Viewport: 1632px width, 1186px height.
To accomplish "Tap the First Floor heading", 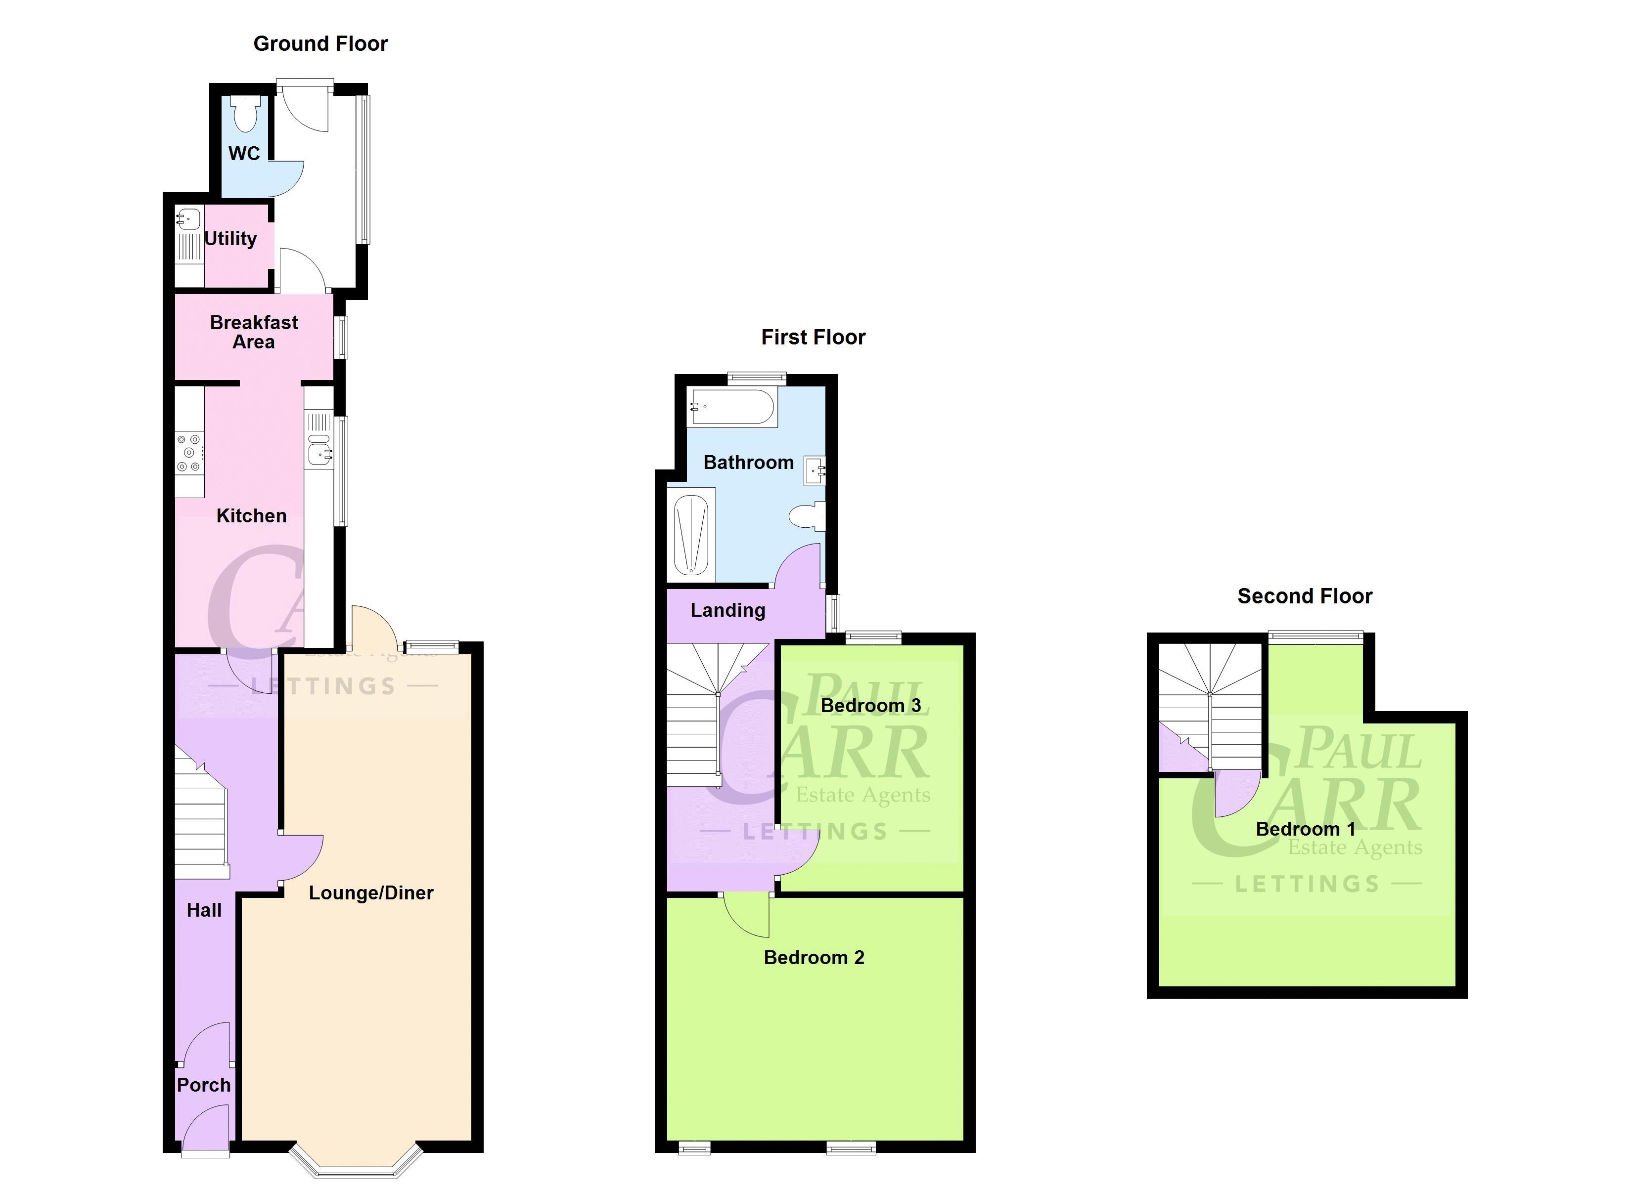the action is (x=813, y=338).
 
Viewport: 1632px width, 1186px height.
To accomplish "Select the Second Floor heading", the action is (x=1305, y=596).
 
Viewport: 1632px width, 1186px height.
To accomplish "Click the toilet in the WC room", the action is (x=246, y=116).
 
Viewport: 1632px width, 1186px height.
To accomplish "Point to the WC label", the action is (x=244, y=153).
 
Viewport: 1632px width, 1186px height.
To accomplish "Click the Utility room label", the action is (x=230, y=239).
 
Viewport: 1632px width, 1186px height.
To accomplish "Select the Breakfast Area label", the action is (x=254, y=332).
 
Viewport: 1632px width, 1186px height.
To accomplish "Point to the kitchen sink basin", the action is (x=319, y=453).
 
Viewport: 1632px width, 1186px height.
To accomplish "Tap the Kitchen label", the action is (x=251, y=516).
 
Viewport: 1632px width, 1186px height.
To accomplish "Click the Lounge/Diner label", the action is (x=371, y=893).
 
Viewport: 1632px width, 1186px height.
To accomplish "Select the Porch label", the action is (x=204, y=1085).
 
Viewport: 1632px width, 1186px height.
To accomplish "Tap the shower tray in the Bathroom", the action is (x=691, y=536).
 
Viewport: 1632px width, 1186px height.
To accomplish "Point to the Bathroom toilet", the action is (x=808, y=516).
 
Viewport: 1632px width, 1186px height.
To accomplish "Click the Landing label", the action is (x=727, y=611).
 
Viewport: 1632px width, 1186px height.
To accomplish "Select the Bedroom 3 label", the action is (x=871, y=706).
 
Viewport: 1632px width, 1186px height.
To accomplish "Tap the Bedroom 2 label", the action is (x=814, y=958).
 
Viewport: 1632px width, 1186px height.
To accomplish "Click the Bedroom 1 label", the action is (x=1305, y=829).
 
